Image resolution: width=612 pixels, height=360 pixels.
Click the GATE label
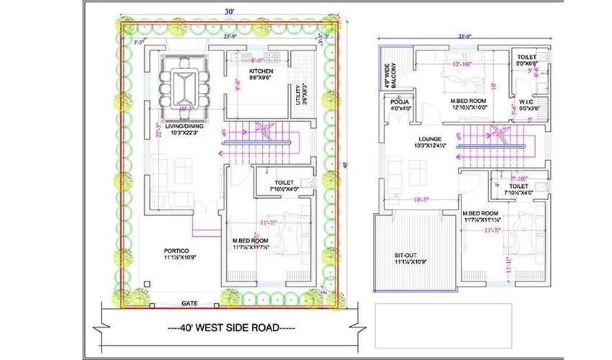coord(190,303)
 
